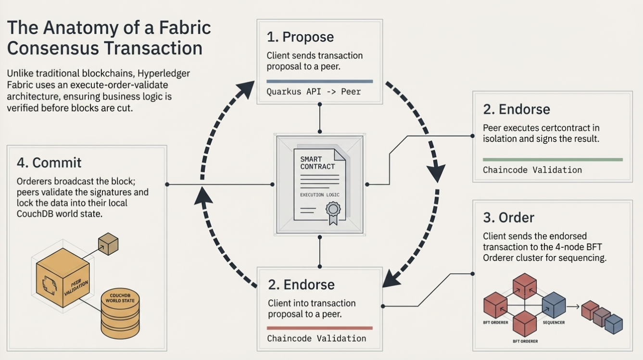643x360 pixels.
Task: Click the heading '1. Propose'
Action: pos(300,37)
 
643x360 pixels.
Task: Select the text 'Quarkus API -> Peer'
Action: pos(314,91)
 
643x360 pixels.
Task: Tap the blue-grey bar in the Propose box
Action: pos(319,81)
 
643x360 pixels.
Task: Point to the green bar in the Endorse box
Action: pos(552,159)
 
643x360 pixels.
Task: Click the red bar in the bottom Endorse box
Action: pos(320,328)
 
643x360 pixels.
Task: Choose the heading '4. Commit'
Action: pos(49,163)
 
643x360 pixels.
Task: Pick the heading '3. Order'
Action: pos(508,218)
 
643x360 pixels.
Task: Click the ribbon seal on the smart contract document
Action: pos(332,211)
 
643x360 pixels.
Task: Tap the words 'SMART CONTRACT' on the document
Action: pos(317,163)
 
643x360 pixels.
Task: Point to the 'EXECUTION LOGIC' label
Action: pos(320,195)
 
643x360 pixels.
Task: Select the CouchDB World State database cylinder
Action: pos(120,313)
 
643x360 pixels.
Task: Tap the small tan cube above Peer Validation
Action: pos(108,244)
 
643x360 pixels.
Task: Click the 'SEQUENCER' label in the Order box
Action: pos(554,322)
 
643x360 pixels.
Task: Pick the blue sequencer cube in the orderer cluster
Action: pos(554,305)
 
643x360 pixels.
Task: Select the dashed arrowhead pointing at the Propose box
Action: pos(246,90)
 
